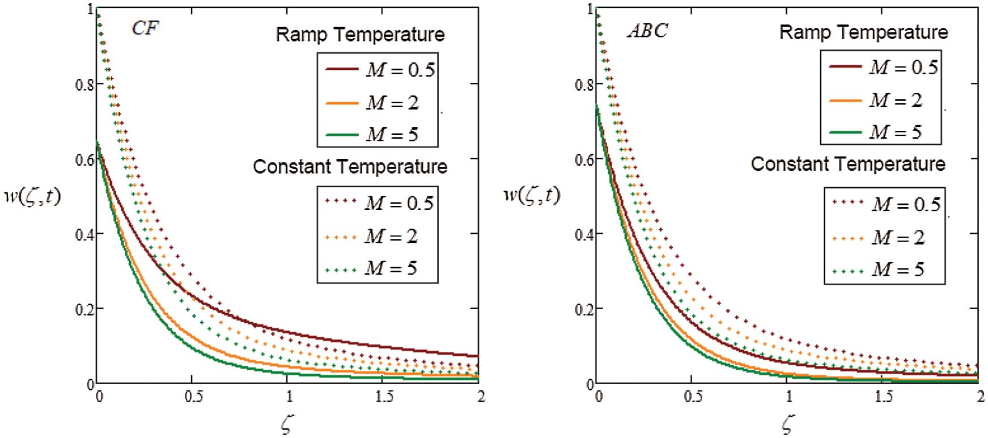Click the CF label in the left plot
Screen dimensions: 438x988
(145, 28)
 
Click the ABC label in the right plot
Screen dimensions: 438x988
(647, 31)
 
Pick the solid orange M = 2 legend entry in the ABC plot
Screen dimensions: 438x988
(876, 100)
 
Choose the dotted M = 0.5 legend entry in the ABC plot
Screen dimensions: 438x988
(887, 204)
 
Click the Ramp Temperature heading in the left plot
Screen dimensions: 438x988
(360, 35)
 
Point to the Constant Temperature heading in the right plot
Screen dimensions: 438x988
(847, 165)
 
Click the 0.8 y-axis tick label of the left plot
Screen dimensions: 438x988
(85, 85)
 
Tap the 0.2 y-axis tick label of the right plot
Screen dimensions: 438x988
(584, 310)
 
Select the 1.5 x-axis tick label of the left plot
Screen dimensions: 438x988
(384, 397)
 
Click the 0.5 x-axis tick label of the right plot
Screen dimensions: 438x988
(693, 397)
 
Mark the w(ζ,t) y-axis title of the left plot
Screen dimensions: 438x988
(32, 197)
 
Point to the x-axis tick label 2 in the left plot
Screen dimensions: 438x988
(481, 397)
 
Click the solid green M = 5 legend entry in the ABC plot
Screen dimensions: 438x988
(876, 132)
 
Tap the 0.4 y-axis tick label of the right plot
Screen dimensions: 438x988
(584, 234)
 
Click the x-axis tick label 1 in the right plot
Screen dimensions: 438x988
(789, 397)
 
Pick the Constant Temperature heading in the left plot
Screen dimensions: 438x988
(350, 167)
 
